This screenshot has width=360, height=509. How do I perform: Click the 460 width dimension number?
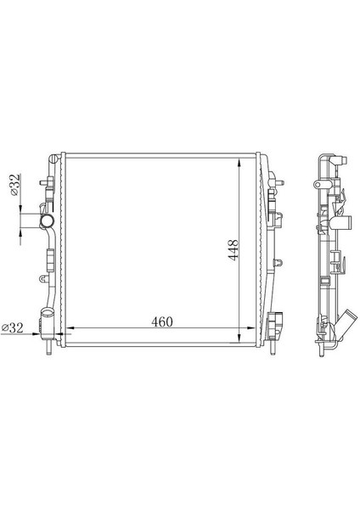point(162,322)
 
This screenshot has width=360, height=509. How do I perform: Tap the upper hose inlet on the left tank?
point(42,222)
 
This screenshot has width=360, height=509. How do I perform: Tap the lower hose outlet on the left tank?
point(48,323)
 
